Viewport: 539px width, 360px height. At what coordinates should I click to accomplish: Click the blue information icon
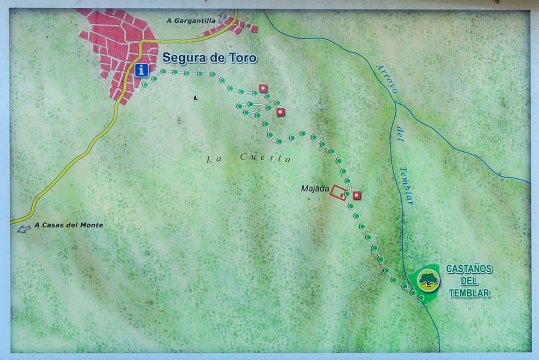click(x=142, y=70)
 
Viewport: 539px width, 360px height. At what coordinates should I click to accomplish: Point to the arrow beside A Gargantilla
click(x=223, y=18)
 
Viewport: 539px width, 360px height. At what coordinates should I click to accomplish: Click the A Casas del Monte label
click(x=69, y=225)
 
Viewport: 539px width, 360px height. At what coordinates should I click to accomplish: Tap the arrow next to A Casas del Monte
click(x=23, y=228)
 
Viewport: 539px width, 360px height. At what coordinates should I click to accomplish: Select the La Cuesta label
click(x=248, y=158)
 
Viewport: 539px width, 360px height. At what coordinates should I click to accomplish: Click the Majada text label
click(x=315, y=188)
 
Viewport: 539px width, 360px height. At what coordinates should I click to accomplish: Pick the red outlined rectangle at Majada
click(x=339, y=192)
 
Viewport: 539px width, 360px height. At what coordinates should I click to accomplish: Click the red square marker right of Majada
click(x=357, y=195)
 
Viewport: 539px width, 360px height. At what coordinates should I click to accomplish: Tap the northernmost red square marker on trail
click(x=263, y=88)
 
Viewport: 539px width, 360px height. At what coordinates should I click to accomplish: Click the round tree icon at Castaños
click(x=428, y=280)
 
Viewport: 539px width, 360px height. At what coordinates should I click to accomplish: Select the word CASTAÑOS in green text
click(x=469, y=269)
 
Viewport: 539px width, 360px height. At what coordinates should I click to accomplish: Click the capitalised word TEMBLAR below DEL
click(x=469, y=293)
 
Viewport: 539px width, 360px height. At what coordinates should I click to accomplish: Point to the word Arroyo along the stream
click(x=386, y=79)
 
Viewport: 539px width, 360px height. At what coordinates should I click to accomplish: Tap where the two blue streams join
click(x=396, y=102)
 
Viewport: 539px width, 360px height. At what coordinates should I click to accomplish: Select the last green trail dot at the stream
click(x=421, y=298)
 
